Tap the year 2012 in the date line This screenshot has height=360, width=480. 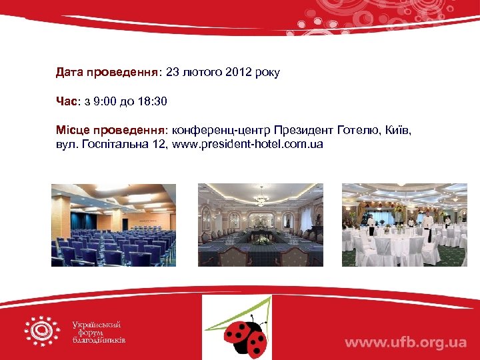coord(238,72)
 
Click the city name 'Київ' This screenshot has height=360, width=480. coord(397,131)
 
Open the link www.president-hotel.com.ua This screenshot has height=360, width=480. coord(247,144)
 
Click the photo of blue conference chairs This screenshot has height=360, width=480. coord(113,225)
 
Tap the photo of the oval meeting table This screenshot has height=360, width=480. coord(261,225)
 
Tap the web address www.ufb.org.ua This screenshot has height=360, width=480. coord(405,343)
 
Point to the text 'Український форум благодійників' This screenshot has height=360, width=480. coord(99,332)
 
